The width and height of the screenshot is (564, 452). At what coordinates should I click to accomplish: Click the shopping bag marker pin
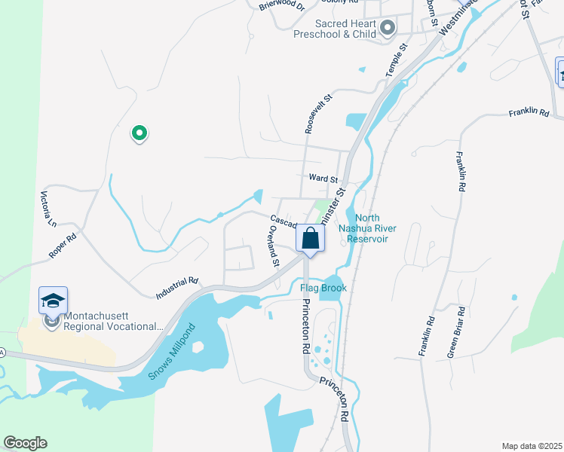[x=310, y=240]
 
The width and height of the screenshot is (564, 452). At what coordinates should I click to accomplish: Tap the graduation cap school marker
[x=54, y=301]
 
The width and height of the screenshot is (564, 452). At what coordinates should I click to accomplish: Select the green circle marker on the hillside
[x=139, y=133]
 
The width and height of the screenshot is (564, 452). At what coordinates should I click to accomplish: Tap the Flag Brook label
[x=323, y=288]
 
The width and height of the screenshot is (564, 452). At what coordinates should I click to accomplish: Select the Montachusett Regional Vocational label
[x=113, y=322]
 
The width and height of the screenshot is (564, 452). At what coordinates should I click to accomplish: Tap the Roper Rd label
[x=63, y=247]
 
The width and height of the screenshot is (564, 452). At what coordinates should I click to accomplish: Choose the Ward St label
[x=322, y=179]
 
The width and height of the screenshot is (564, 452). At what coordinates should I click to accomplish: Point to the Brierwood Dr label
[x=280, y=6]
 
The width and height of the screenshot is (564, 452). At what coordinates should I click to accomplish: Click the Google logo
[x=25, y=443]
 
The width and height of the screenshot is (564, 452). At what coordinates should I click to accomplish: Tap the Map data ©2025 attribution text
[x=532, y=446]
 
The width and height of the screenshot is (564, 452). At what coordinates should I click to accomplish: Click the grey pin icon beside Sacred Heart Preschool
[x=388, y=29]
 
